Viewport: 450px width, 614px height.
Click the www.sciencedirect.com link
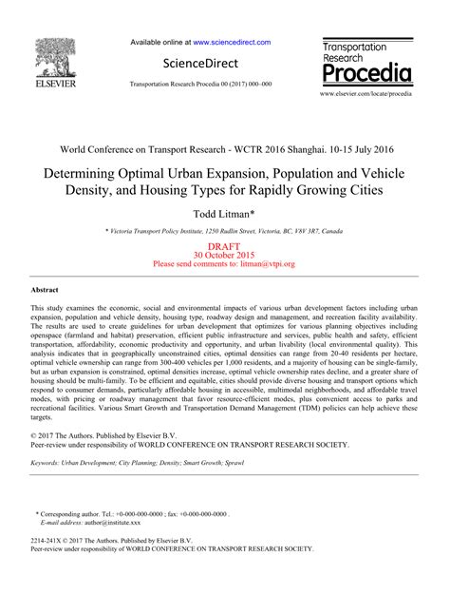(x=233, y=43)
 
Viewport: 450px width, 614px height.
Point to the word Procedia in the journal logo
(x=366, y=73)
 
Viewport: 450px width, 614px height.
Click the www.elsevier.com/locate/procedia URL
(x=366, y=95)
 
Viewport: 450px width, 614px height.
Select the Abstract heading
(x=45, y=288)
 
